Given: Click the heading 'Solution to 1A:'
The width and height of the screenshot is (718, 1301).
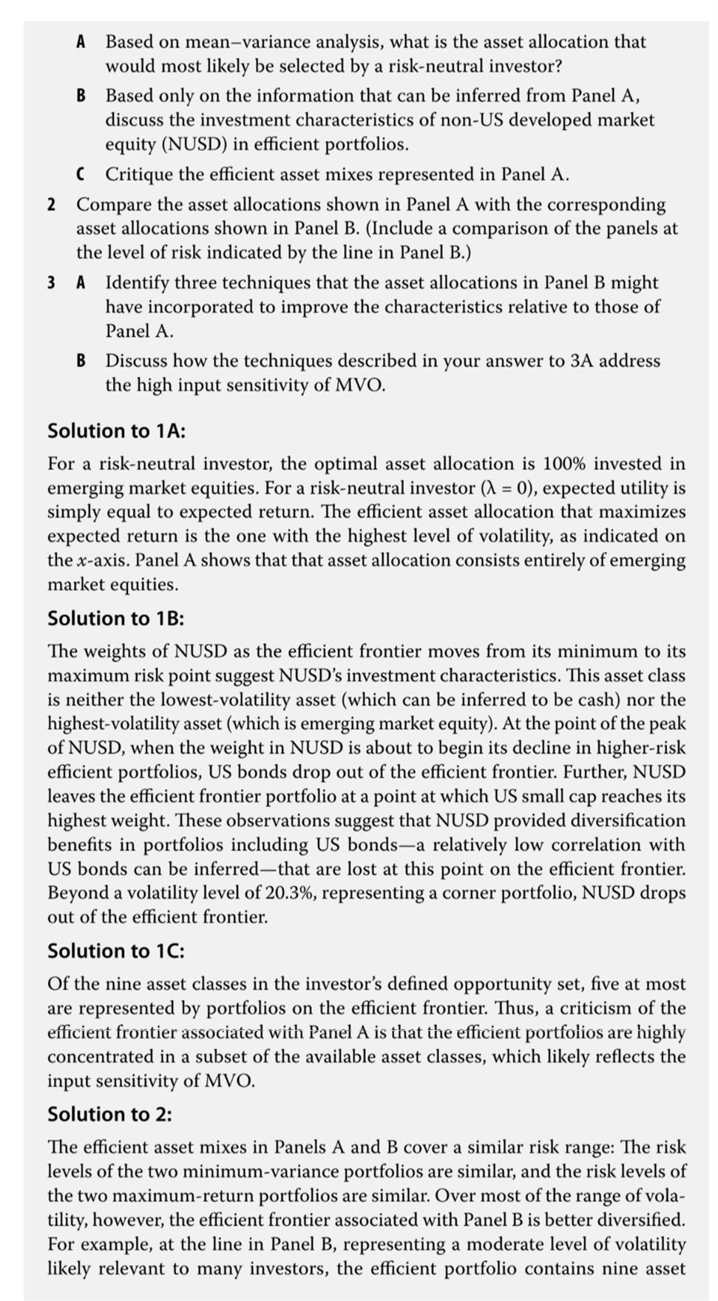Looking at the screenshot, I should click(x=116, y=430).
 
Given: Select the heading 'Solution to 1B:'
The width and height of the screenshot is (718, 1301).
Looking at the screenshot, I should click(x=116, y=618).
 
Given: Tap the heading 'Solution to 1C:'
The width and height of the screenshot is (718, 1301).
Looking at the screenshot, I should click(x=116, y=950).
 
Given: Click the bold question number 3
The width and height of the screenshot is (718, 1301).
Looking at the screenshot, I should click(x=51, y=283).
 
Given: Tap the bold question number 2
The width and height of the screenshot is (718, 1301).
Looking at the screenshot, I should click(x=51, y=204).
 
